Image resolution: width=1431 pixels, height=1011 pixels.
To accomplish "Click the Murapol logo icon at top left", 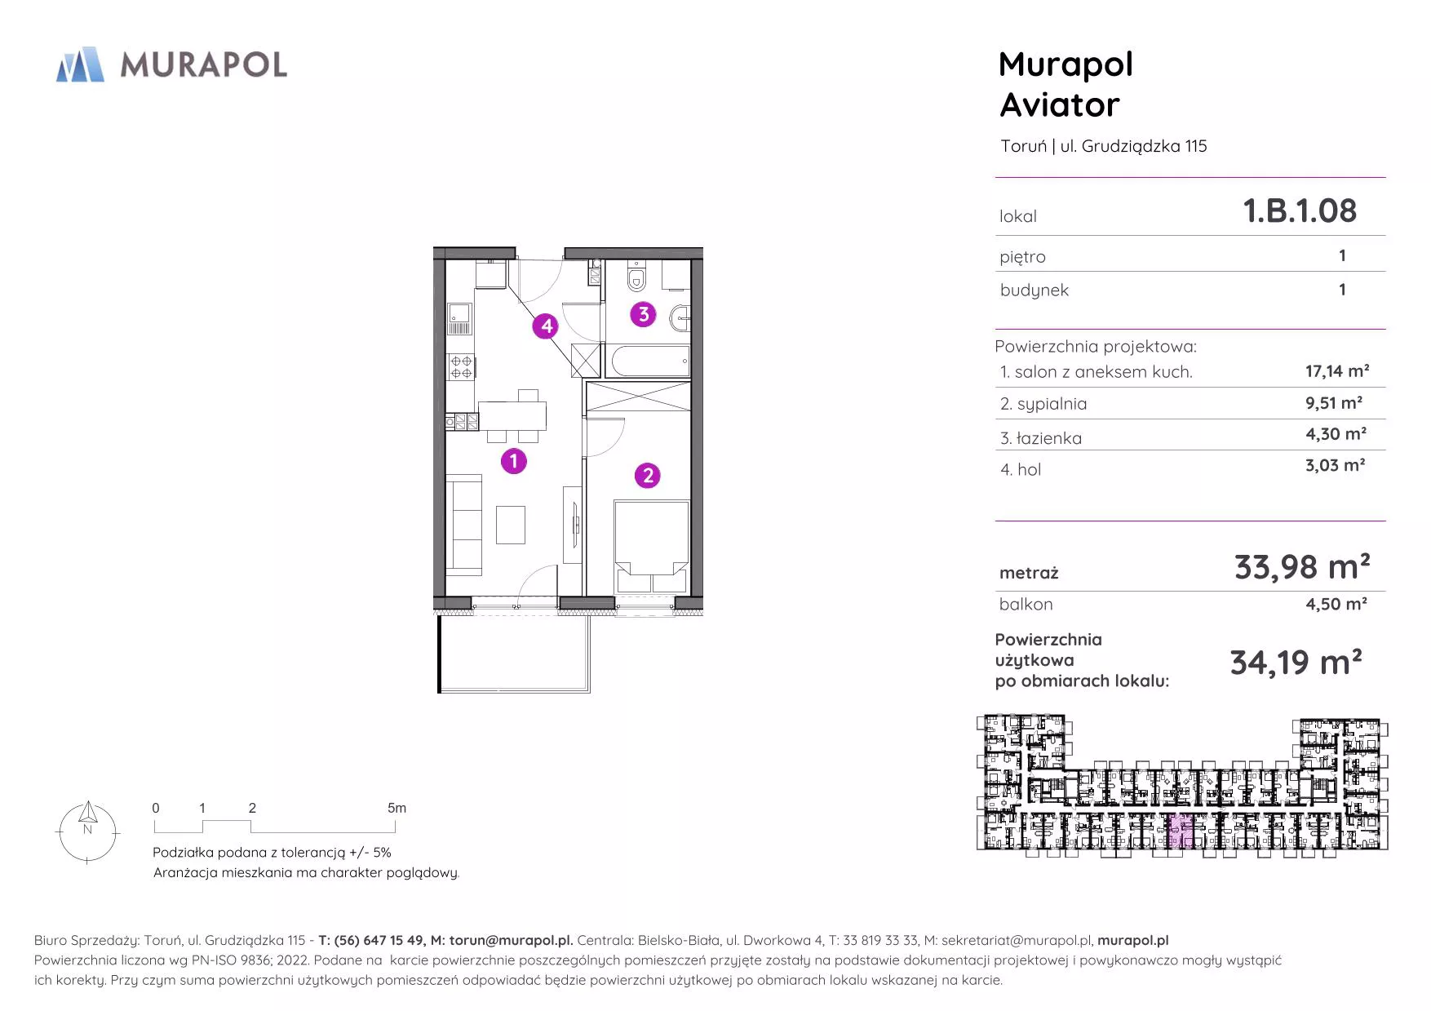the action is coord(80,64).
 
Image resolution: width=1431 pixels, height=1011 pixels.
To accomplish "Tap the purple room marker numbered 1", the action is coord(513,461).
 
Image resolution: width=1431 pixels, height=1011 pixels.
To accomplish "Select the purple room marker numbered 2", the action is coord(648,475).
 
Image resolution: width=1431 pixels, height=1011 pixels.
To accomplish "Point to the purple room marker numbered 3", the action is coord(643,314).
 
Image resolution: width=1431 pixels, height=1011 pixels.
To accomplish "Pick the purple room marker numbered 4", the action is coord(546,326).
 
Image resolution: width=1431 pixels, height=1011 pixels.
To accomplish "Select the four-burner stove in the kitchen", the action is coord(461,367).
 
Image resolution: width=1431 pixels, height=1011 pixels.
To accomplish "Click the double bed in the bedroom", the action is coord(651,547).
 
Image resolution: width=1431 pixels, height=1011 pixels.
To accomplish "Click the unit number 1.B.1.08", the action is coord(1299,211).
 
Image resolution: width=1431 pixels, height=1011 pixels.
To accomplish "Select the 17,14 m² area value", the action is coord(1337,371).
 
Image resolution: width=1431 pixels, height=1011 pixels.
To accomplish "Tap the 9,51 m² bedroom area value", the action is coord(1334,402).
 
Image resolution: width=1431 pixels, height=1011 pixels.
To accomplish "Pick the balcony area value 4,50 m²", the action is coord(1336,604).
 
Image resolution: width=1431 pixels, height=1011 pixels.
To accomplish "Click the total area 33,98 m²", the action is coord(1302,566).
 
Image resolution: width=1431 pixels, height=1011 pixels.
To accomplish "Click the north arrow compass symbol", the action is coord(87,832).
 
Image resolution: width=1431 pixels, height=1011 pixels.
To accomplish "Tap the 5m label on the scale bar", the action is coord(397,808).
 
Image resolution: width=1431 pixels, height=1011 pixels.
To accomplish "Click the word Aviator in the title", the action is coord(1060,104).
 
